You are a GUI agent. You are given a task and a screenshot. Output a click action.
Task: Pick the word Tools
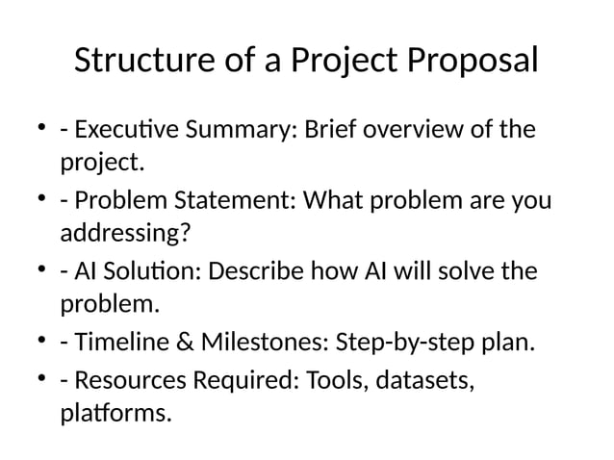tap(333, 380)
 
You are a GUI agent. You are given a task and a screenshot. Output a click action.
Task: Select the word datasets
tap(423, 380)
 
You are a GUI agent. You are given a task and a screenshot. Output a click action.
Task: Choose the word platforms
tap(115, 415)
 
